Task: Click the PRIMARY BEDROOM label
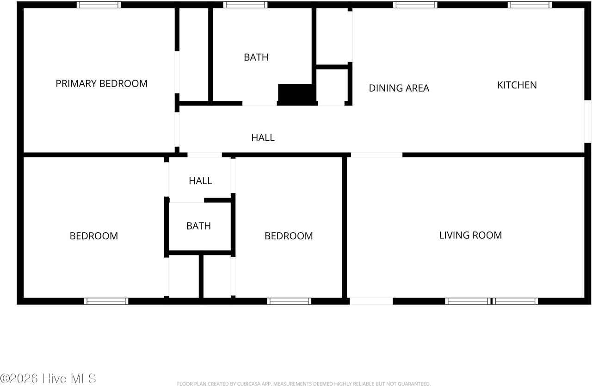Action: (101, 84)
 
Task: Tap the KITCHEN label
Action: (517, 85)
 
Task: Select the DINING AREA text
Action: (399, 88)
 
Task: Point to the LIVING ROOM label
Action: (470, 235)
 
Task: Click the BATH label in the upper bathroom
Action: (256, 57)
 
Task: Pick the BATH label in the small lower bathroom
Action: (198, 226)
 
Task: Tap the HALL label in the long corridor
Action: (263, 137)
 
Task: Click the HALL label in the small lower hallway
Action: (200, 181)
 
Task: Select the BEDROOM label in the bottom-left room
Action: (93, 236)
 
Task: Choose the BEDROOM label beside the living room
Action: (288, 236)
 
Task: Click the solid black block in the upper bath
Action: (296, 94)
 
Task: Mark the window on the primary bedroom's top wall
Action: (99, 5)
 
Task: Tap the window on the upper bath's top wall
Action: (245, 5)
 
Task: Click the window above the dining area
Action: (415, 5)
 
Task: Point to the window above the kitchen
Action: (530, 5)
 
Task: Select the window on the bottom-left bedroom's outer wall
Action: (106, 301)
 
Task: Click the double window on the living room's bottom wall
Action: (491, 301)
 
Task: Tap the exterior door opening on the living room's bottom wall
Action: (371, 301)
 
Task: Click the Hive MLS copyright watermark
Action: (48, 378)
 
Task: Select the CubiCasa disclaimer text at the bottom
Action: (303, 384)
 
